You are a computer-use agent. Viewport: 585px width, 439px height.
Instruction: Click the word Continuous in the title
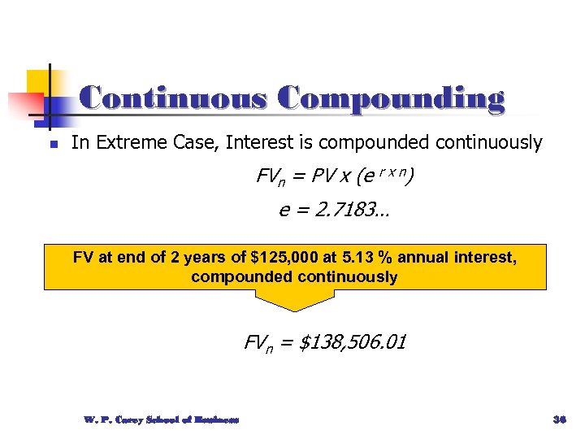(173, 98)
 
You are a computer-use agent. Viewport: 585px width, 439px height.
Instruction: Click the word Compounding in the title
(390, 98)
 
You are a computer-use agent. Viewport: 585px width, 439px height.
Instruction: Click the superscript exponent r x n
(393, 172)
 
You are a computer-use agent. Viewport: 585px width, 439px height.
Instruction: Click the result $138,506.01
(353, 343)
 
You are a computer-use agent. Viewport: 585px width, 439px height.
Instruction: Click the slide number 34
(558, 419)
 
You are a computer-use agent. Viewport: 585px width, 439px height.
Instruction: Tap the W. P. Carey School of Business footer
(161, 419)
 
